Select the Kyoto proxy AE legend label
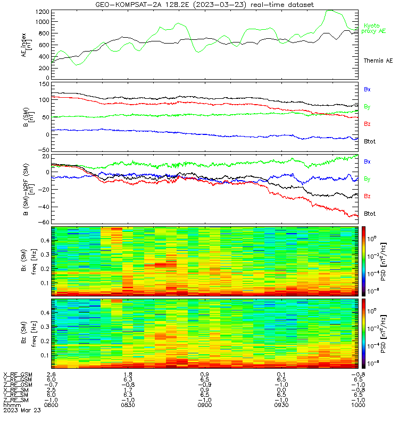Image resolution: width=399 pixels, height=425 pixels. (x=373, y=28)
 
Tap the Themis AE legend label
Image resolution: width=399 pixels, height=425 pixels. (x=378, y=61)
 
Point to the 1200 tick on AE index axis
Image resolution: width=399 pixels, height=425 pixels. (x=43, y=12)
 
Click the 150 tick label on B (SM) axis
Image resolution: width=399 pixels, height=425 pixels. (x=44, y=84)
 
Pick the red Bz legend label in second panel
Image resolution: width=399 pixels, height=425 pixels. (x=367, y=124)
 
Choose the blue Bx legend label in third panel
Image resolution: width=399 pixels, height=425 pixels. (x=367, y=161)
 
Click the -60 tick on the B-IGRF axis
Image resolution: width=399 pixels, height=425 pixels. (x=44, y=222)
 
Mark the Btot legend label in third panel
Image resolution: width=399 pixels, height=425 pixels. (x=370, y=214)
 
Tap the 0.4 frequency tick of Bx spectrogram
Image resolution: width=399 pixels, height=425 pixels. (x=45, y=241)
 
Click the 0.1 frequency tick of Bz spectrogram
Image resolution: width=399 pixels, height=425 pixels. (x=45, y=355)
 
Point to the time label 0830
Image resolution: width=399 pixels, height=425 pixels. (x=128, y=405)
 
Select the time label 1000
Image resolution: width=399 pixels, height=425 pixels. (x=358, y=405)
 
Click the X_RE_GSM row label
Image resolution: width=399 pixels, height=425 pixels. (x=18, y=375)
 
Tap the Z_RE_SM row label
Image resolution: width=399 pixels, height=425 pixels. (x=16, y=400)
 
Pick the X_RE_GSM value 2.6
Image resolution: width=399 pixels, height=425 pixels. (x=51, y=375)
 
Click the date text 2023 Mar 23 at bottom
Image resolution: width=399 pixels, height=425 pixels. (x=22, y=410)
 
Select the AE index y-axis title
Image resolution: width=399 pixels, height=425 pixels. (x=26, y=45)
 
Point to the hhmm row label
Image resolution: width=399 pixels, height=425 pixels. (x=12, y=405)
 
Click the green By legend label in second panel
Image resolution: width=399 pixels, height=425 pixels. (x=367, y=107)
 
